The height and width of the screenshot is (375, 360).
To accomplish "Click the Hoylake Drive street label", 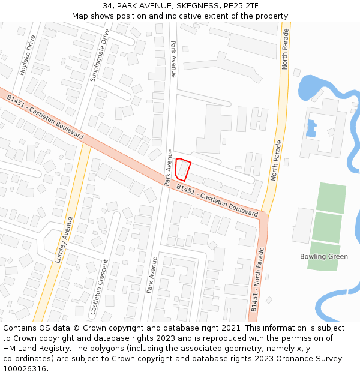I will [x=27, y=55].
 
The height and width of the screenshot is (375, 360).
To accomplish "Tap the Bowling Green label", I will [x=323, y=257].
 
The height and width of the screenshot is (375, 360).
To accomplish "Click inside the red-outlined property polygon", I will [x=183, y=169].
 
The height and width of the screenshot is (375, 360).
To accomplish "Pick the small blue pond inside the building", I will [x=311, y=128].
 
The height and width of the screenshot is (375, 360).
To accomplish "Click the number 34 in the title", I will [x=107, y=6].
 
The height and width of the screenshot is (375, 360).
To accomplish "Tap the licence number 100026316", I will [x=25, y=369].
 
